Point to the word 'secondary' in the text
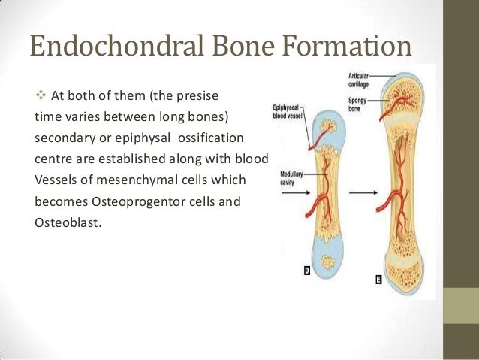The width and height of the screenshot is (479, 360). click(63, 140)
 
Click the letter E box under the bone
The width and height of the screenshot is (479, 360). click(378, 280)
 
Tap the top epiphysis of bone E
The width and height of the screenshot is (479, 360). click(401, 90)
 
